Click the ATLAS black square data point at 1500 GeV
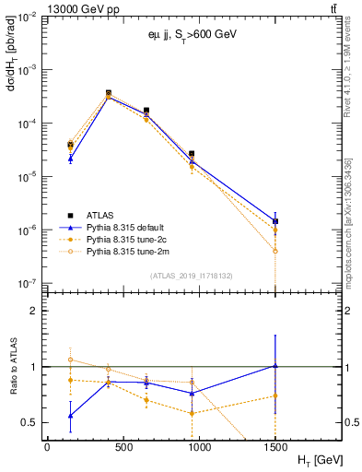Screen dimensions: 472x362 click(275, 221)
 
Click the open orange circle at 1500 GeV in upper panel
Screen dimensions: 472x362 click(275, 251)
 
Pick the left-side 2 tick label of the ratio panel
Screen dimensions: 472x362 click(38, 311)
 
